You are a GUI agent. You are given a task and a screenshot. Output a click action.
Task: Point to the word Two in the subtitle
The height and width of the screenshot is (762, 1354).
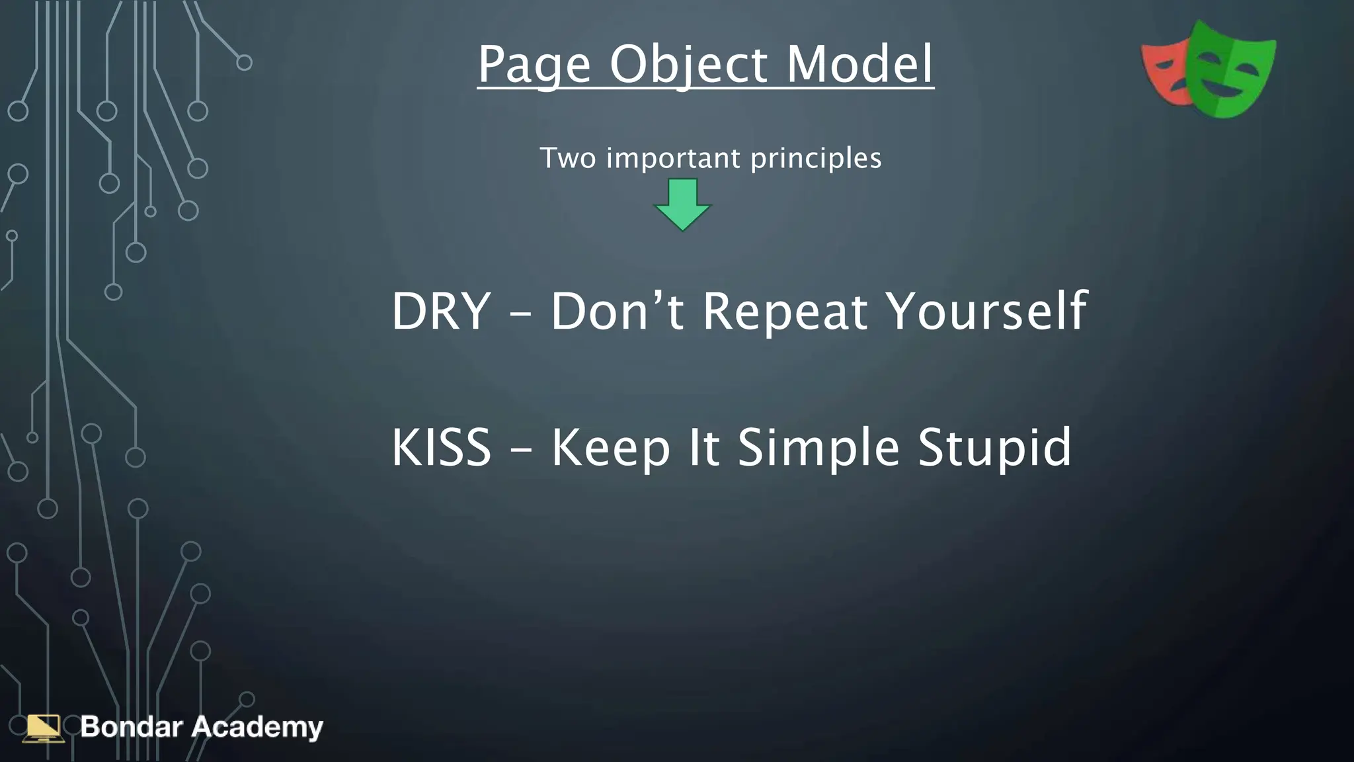pos(567,158)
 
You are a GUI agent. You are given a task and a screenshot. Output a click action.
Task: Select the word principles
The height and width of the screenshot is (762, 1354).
pos(816,159)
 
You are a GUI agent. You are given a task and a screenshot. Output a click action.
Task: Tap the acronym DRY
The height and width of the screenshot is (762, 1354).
pos(441,311)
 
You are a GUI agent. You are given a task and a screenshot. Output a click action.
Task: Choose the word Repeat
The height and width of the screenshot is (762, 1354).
pos(785,312)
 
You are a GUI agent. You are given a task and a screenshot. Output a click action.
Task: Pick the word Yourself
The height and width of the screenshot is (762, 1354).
pos(986,311)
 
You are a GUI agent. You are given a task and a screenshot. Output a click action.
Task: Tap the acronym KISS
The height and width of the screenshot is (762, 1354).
pos(441,448)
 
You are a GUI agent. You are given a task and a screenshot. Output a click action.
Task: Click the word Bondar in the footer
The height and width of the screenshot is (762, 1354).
pos(131,727)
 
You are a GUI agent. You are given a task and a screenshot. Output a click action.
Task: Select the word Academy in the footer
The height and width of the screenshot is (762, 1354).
pos(257,728)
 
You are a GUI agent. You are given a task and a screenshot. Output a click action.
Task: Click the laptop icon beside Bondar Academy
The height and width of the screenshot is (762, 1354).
pos(44,728)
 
